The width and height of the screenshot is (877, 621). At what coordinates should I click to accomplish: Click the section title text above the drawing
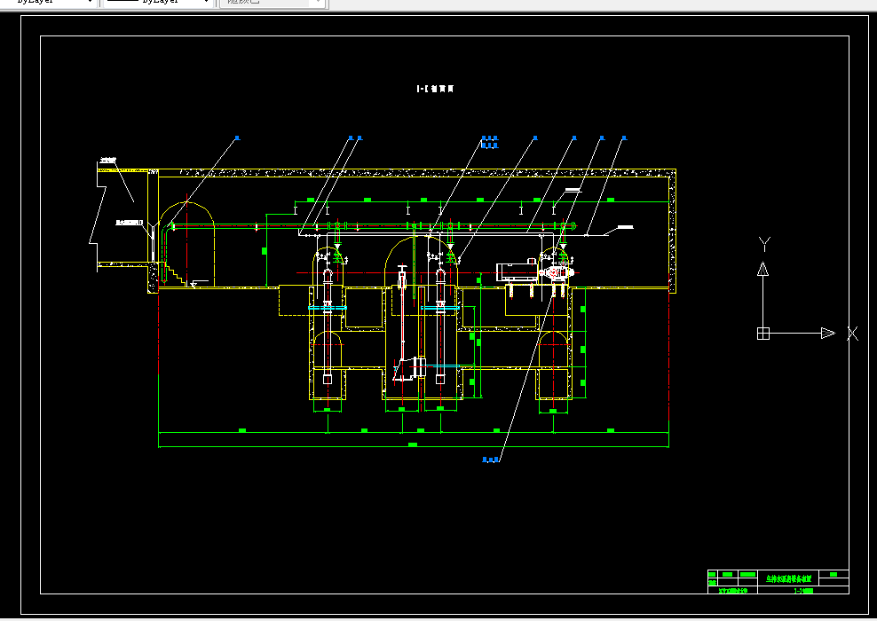point(436,89)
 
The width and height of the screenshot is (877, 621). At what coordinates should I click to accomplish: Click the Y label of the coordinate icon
point(764,244)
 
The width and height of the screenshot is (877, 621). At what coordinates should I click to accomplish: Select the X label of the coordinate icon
point(852,334)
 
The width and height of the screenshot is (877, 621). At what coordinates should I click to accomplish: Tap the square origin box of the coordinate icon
point(762,334)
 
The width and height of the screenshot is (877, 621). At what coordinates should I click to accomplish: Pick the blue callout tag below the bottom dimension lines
point(491,460)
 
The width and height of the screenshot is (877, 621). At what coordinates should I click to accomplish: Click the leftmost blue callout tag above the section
point(237,138)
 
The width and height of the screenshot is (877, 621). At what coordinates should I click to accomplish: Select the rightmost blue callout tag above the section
point(624,138)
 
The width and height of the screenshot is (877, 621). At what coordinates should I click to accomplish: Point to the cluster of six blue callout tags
point(489,141)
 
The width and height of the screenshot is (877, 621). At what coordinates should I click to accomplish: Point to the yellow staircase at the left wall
point(175,274)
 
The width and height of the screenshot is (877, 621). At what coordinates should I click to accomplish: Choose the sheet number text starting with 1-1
point(802,589)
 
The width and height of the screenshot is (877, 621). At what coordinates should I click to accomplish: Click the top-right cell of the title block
point(834,574)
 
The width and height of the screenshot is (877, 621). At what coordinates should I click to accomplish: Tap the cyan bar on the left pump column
point(327,308)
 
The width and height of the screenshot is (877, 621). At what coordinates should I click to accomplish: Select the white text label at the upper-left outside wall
point(108,161)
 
